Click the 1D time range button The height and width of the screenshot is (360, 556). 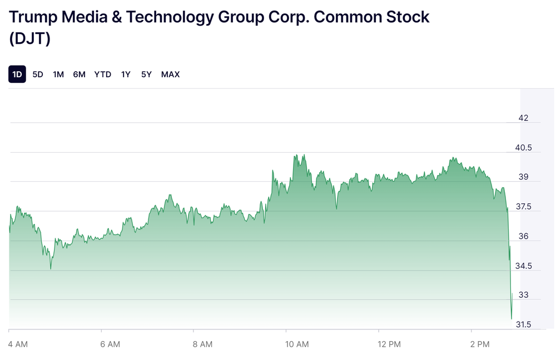tap(17, 74)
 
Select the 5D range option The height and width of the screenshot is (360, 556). tap(38, 74)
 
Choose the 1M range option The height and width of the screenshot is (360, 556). tap(58, 74)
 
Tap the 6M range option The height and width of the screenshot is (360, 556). tap(79, 74)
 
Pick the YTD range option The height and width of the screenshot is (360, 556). tap(103, 74)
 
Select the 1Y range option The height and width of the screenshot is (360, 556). tap(126, 74)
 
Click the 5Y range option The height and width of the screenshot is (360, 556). tap(146, 74)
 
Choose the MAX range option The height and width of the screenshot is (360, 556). tap(170, 74)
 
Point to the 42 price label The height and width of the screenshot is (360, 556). tap(523, 118)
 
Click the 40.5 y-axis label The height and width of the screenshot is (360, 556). tap(523, 148)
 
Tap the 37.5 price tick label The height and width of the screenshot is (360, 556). tap(523, 207)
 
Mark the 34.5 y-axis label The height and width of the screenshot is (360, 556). tap(523, 266)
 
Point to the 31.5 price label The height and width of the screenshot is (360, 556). tap(523, 324)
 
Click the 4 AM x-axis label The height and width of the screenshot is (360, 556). tap(18, 344)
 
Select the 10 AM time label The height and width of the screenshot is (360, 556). tap(297, 344)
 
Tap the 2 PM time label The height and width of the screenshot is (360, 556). tap(481, 344)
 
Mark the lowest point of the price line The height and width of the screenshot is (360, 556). tap(512, 319)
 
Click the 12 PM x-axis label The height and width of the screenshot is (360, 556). tap(389, 344)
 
